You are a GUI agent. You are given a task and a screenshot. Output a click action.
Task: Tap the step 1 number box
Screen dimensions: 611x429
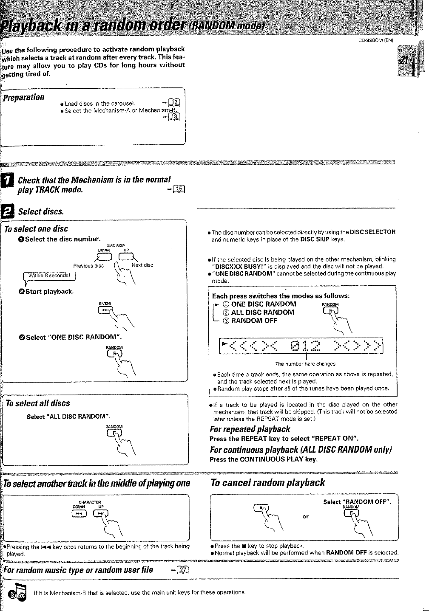7,182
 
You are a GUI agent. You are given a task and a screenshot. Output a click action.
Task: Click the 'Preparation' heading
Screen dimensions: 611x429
24,97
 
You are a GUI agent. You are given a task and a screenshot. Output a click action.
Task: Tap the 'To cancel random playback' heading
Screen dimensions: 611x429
268,482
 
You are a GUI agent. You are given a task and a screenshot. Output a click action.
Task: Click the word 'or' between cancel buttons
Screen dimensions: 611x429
305,517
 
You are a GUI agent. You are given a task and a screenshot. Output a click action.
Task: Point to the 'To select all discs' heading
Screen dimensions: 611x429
37,403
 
